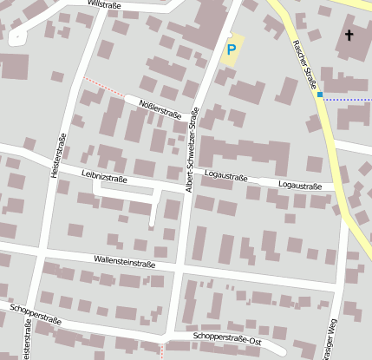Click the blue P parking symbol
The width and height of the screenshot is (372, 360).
point(231,50)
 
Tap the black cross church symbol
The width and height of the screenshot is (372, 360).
point(349,36)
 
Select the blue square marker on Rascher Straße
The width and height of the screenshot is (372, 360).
point(320,95)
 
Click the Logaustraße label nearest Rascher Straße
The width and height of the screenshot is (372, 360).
point(300,185)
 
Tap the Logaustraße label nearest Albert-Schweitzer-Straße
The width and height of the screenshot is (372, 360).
point(225,176)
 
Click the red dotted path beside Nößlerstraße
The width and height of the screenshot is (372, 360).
point(102,88)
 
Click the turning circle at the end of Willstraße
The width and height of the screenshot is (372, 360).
point(16,37)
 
